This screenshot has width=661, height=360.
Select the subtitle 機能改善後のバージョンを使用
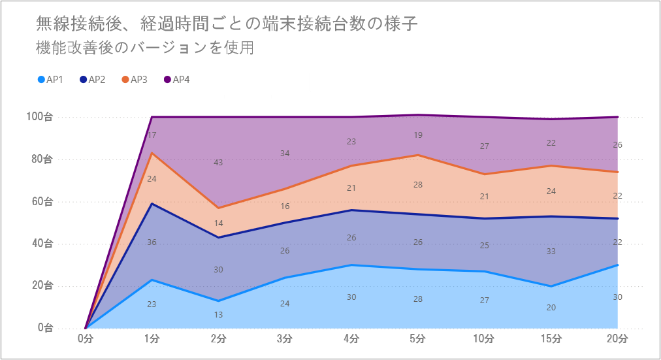[144, 48]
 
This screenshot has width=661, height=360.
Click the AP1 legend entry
[50, 80]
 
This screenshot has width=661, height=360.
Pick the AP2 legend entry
[92, 80]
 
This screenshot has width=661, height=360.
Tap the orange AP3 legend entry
[135, 80]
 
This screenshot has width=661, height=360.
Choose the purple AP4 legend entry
[176, 80]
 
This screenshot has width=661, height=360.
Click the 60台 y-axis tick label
[42, 201]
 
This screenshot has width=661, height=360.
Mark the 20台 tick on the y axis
[42, 286]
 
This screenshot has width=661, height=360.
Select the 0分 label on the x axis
[86, 338]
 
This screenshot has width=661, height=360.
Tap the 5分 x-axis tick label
[418, 338]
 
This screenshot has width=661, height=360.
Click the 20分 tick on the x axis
[617, 338]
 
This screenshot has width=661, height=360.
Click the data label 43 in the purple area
[218, 162]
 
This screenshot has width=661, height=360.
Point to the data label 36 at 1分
[152, 242]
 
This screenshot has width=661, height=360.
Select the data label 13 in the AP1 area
[218, 314]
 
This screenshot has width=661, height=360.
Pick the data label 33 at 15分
[551, 251]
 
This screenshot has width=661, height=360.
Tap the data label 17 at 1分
[152, 135]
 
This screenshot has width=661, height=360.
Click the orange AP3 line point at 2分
[218, 208]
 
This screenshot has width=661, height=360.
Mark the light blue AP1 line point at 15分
[551, 286]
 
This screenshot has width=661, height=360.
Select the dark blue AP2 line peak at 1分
[152, 204]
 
